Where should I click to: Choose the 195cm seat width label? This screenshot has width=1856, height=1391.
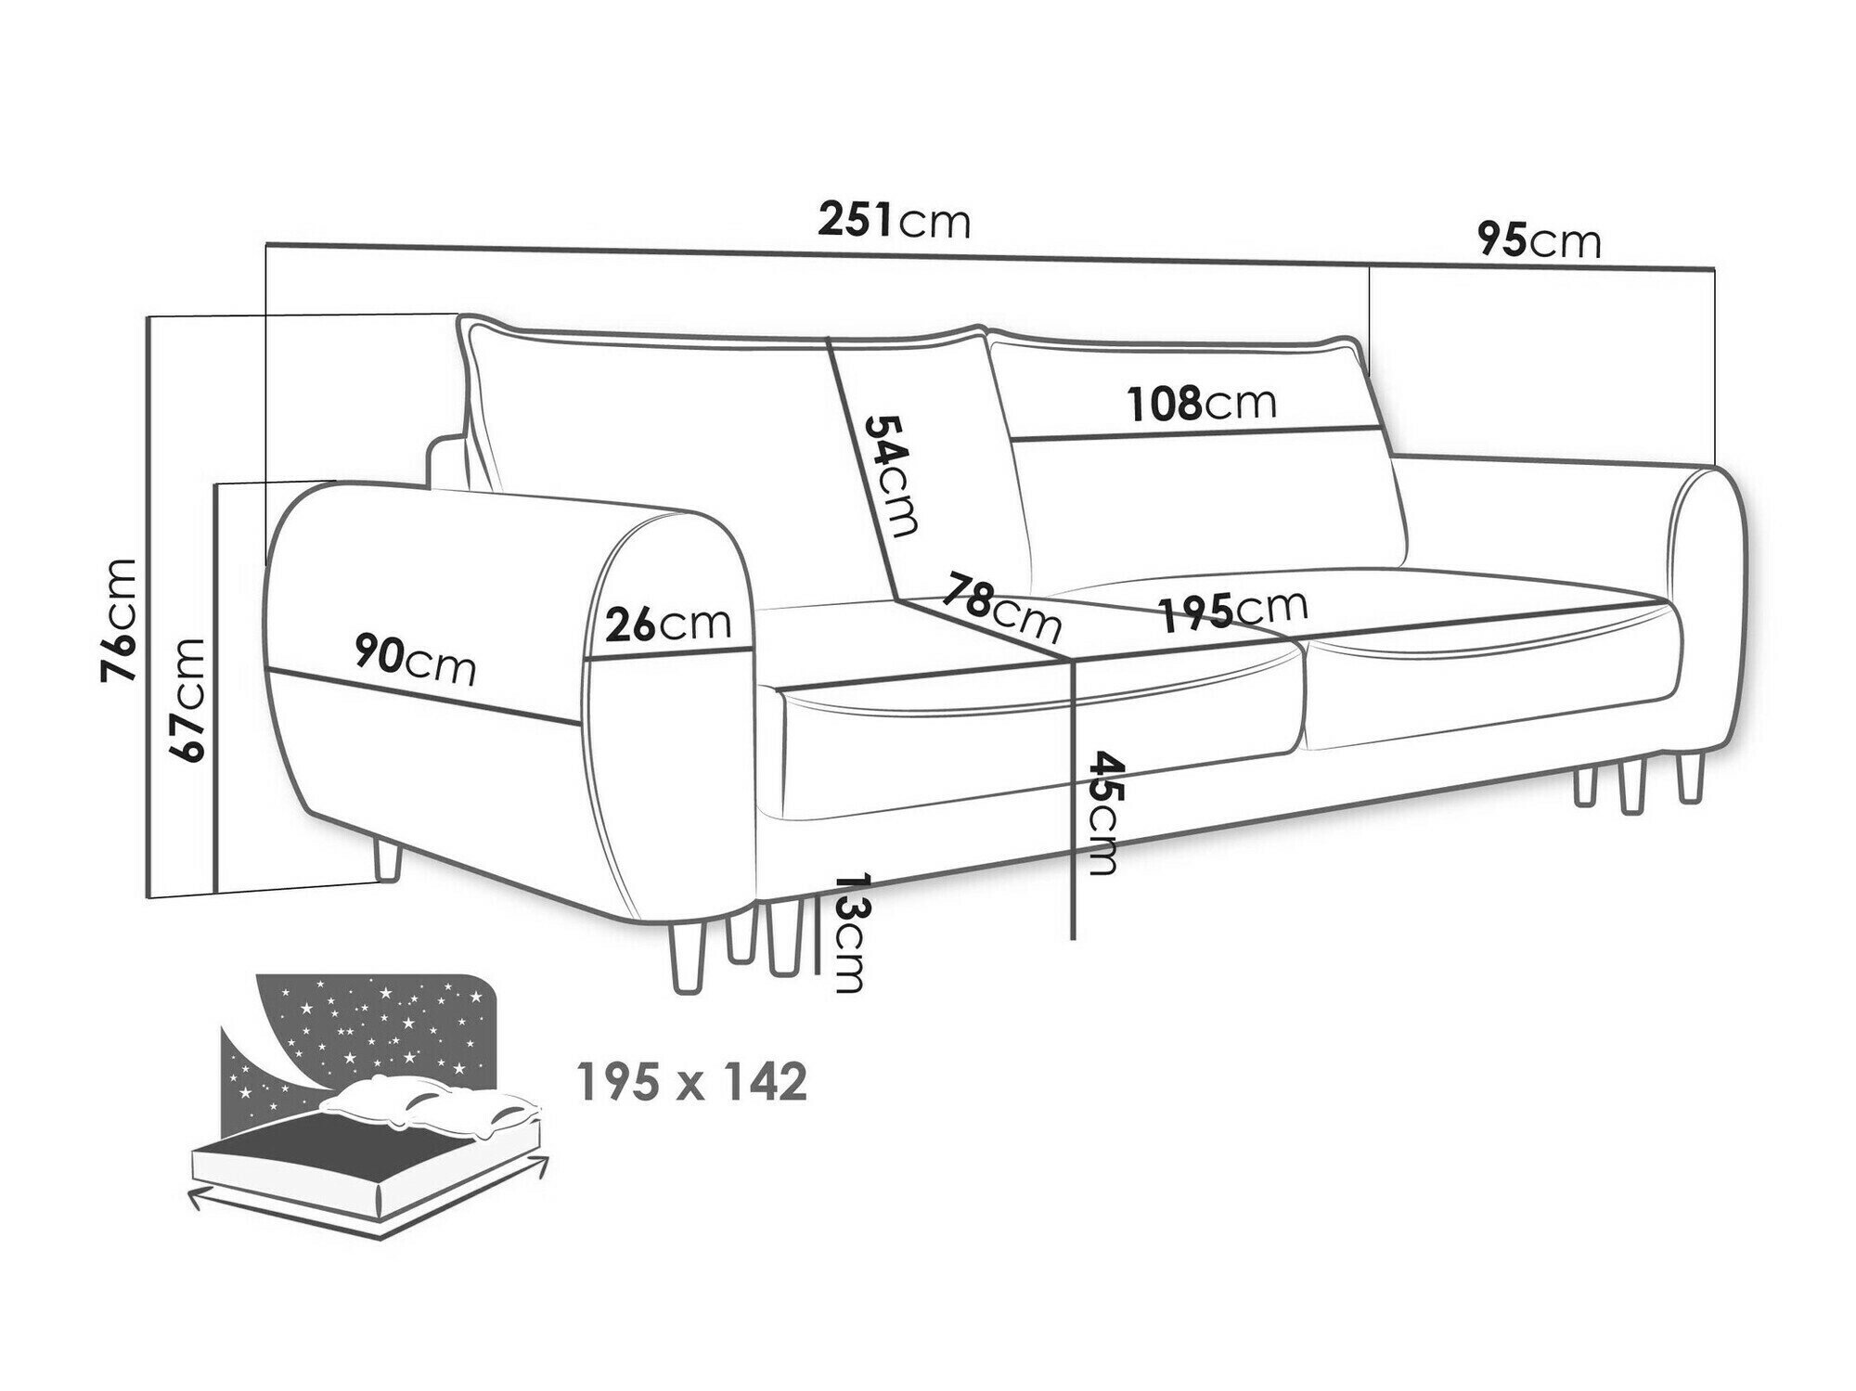[1233, 610]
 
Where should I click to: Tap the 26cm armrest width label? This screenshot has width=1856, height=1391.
[668, 624]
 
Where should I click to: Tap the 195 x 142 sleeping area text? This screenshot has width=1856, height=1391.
[691, 1082]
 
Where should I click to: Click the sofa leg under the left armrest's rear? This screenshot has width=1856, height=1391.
[385, 856]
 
